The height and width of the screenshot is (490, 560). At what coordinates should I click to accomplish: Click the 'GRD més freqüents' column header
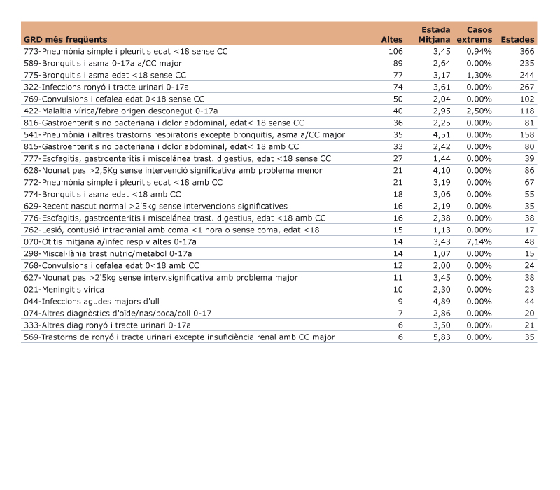pyautogui.click(x=66, y=40)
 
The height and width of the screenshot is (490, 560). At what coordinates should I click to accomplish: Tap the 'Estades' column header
pyautogui.click(x=518, y=40)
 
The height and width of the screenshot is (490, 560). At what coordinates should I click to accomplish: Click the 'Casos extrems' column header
pyautogui.click(x=479, y=35)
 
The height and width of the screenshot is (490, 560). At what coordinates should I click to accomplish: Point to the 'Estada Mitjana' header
pyautogui.click(x=435, y=35)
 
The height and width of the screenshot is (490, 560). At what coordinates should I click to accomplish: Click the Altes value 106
pyautogui.click(x=395, y=52)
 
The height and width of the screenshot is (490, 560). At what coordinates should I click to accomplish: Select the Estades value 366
pyautogui.click(x=527, y=52)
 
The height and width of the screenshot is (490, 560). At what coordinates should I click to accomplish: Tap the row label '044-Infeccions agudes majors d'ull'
pyautogui.click(x=87, y=301)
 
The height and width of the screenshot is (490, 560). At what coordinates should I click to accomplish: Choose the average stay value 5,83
pyautogui.click(x=440, y=337)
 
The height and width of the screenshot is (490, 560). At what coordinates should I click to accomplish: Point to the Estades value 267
pyautogui.click(x=527, y=87)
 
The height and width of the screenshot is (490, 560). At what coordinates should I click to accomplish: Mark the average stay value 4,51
pyautogui.click(x=440, y=135)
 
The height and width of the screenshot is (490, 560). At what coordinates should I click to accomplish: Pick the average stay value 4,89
pyautogui.click(x=440, y=301)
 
